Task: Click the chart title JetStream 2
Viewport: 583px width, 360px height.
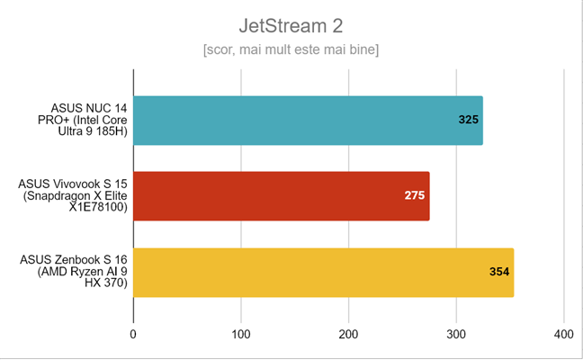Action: pyautogui.click(x=291, y=24)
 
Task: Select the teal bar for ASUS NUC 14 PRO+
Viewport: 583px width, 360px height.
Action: pyautogui.click(x=308, y=120)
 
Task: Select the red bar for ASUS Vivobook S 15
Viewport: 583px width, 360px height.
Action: pyautogui.click(x=281, y=195)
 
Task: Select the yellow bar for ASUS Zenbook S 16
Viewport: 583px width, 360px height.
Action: pyautogui.click(x=323, y=272)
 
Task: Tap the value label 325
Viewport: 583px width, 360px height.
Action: pyautogui.click(x=468, y=120)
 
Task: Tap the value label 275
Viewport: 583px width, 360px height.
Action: pyautogui.click(x=414, y=195)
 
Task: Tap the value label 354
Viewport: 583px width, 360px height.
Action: pyautogui.click(x=498, y=272)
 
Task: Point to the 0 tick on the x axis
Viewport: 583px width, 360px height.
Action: pyautogui.click(x=133, y=335)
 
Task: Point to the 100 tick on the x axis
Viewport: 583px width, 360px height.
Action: pyautogui.click(x=240, y=335)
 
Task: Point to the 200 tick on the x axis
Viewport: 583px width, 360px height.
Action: pyautogui.click(x=348, y=335)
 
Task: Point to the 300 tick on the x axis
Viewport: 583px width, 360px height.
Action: pyautogui.click(x=456, y=335)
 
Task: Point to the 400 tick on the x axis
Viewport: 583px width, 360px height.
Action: pyautogui.click(x=563, y=335)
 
